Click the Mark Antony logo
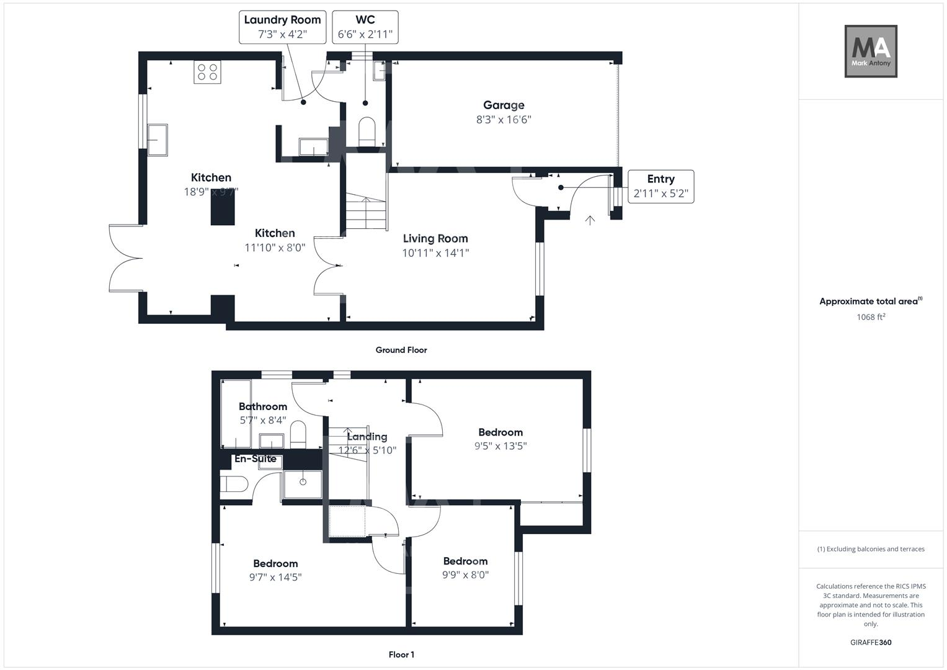tap(871, 51)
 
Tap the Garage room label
tap(504, 105)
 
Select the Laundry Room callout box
tap(282, 27)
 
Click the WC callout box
tap(365, 27)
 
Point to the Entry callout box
tap(660, 186)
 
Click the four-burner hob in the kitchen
tap(207, 72)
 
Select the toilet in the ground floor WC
tap(367, 131)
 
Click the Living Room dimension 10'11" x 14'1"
tap(435, 253)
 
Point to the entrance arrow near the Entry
tap(590, 220)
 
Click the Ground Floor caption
tap(401, 350)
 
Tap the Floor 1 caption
tap(401, 654)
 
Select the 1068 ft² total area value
tap(871, 317)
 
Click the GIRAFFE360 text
tap(871, 643)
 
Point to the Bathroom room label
tap(263, 406)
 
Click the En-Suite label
tap(255, 459)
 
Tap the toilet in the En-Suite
tap(234, 483)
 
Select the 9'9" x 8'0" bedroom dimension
tap(465, 575)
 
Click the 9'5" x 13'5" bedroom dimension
tap(500, 445)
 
